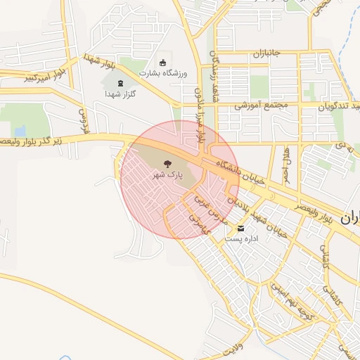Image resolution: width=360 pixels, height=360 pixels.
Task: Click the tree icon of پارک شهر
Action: tap(166, 165)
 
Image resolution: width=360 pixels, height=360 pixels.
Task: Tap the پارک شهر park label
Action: tap(166, 176)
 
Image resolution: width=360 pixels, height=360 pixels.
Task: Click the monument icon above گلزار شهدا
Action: tap(119, 84)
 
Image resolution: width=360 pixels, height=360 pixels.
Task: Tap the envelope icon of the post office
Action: tap(241, 229)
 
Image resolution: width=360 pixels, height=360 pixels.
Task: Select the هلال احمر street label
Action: tap(286, 162)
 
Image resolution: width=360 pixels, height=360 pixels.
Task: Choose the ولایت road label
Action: tap(233, 346)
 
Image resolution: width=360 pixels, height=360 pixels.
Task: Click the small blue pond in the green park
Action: tap(20, 131)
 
